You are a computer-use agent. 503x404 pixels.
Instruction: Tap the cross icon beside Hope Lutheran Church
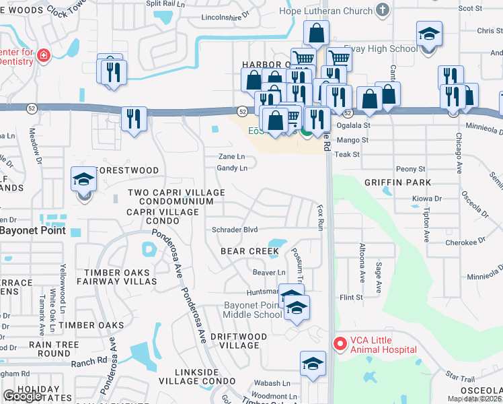383,10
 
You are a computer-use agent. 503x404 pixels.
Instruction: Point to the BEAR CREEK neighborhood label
249,251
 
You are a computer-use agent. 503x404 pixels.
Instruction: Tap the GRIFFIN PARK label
397,182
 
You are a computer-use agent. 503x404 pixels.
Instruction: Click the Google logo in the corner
22,396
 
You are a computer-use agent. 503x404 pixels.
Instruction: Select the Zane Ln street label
231,156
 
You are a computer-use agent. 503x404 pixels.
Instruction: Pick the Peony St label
412,169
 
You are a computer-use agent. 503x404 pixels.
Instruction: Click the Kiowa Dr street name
427,199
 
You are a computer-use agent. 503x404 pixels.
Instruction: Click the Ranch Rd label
91,360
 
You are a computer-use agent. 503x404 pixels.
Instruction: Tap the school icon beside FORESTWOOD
83,180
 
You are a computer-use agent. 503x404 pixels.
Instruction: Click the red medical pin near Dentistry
43,55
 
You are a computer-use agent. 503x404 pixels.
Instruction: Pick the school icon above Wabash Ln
312,364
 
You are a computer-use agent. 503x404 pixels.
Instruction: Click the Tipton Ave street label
426,224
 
